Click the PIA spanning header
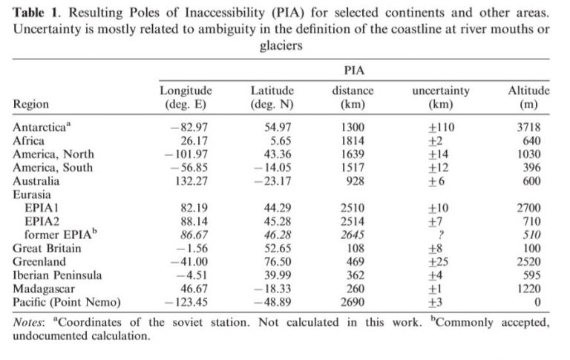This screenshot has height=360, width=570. click(354, 70)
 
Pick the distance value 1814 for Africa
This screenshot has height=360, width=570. click(354, 141)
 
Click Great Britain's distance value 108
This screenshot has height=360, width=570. click(354, 249)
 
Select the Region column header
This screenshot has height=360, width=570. click(31, 105)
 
